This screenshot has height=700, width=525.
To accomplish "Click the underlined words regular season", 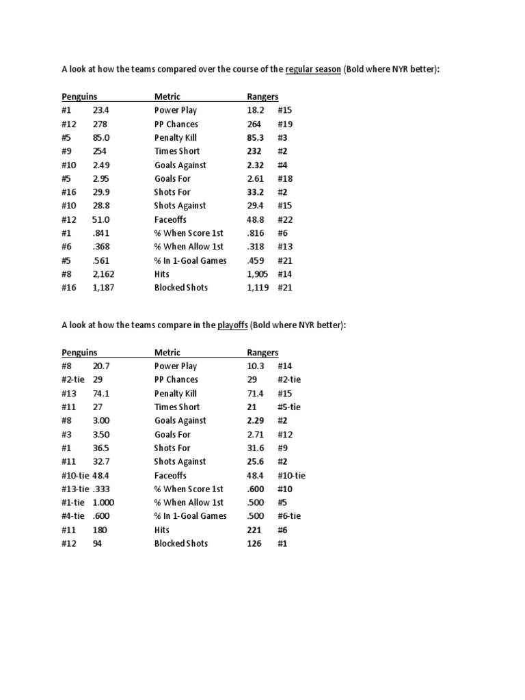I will (313, 70).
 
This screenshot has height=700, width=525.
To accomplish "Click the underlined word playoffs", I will (232, 325).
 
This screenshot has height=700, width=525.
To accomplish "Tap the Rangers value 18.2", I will (256, 110).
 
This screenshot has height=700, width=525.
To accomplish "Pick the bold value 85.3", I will (256, 137).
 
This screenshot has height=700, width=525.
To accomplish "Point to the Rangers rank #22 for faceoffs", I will (285, 219).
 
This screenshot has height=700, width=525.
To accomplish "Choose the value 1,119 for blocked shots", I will (258, 288).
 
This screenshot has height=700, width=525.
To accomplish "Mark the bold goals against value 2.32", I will (256, 165).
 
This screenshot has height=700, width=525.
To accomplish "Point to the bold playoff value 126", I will (254, 543).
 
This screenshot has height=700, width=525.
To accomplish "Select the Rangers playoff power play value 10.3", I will (256, 366).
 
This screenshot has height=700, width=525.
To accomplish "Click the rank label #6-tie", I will (289, 516).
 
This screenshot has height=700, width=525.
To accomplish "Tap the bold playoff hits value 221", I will (254, 530).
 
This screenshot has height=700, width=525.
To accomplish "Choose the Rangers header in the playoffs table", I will (262, 353).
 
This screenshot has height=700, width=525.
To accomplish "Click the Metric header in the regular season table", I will (167, 97).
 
